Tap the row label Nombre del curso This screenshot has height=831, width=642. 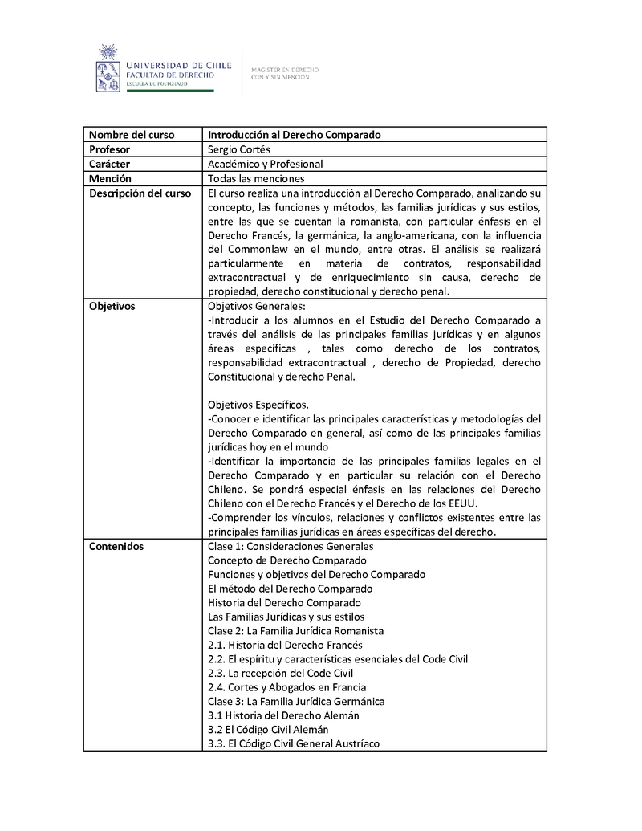pos(132,135)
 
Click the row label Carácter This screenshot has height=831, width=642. pos(110,164)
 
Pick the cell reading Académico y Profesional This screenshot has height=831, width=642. pos(265,164)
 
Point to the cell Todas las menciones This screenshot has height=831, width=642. pos(256,178)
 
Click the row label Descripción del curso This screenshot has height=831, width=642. pos(140,193)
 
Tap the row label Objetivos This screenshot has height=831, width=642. pos(112,307)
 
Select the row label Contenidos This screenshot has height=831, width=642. pos(116,546)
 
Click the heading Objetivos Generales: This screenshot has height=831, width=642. pos(256,307)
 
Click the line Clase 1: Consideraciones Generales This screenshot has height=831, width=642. pos(291,546)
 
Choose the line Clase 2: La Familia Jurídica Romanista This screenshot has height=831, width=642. pos(295,631)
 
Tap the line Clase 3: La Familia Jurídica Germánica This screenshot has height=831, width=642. pos(296,701)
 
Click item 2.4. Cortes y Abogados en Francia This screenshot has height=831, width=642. pos(286,687)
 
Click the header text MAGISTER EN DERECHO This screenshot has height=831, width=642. pos(285,70)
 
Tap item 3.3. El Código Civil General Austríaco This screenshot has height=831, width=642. pos(293,743)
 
